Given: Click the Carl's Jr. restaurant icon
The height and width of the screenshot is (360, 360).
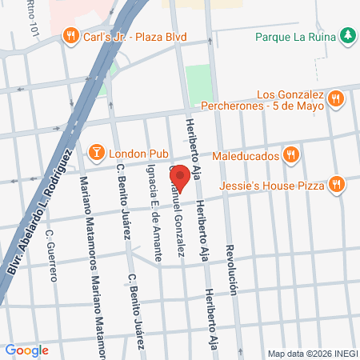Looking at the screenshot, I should click(x=71, y=35).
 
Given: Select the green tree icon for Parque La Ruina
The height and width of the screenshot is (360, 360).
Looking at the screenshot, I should click(x=346, y=35).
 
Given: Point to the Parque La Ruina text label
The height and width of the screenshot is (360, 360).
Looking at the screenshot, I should click(x=294, y=35).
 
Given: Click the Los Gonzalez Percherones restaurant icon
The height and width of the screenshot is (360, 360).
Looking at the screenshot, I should click(x=336, y=99).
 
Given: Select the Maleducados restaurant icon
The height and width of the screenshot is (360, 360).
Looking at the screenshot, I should click(x=291, y=154).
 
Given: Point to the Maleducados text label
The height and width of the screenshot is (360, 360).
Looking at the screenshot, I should click(x=243, y=155).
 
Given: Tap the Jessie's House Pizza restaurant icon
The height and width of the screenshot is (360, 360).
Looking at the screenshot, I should click(x=336, y=186).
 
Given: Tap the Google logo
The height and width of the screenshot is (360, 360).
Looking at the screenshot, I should click(x=26, y=350).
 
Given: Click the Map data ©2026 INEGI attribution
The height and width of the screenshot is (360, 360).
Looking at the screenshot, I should click(x=311, y=353).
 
